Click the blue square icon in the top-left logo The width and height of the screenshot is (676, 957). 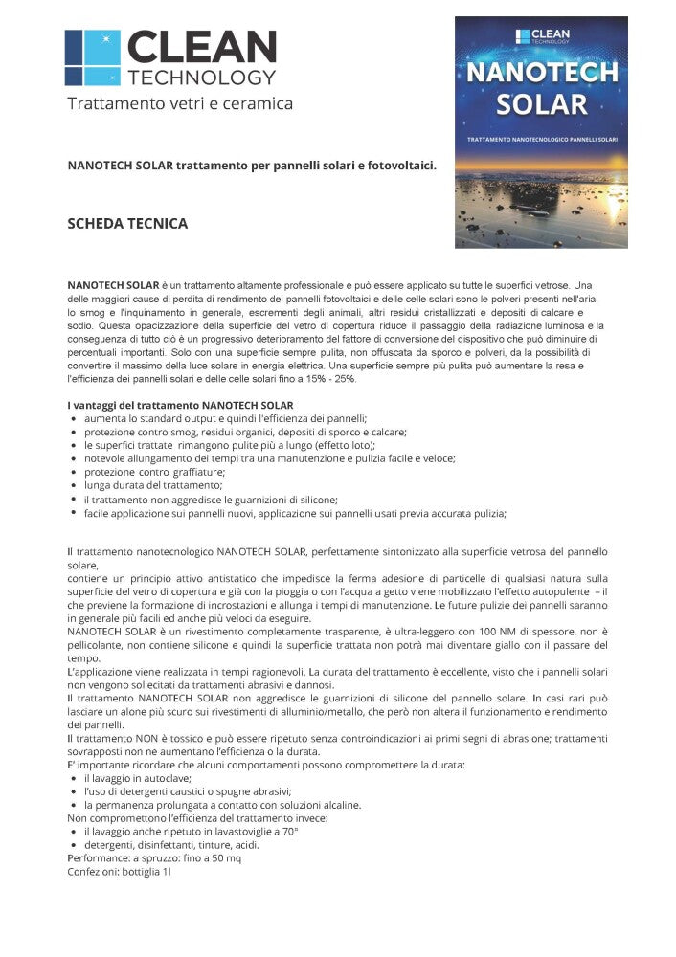[x=92, y=56]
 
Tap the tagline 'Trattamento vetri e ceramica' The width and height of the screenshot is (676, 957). [x=180, y=103]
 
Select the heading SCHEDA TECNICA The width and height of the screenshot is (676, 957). [x=127, y=224]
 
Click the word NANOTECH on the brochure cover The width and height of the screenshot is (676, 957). [x=541, y=74]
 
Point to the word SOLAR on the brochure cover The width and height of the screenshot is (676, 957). [x=541, y=103]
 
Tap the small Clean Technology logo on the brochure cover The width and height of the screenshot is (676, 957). [x=542, y=36]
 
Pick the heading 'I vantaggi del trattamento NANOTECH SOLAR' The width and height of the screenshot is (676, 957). [x=180, y=406]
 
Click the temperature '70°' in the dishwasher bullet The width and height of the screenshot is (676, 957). [x=287, y=832]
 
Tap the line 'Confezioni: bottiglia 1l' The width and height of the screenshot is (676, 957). [x=118, y=872]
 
